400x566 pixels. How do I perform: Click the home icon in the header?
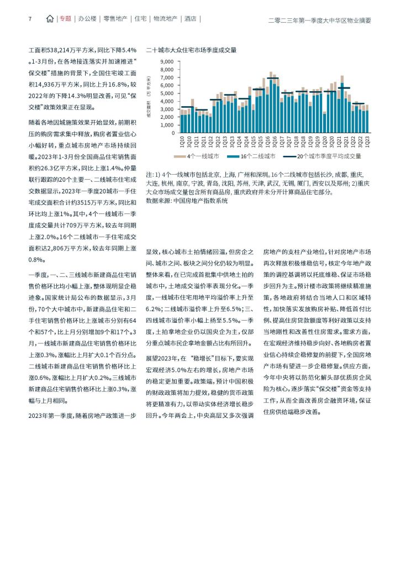point(50,19)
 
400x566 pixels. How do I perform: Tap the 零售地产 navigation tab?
point(115,19)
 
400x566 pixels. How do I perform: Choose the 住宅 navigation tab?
point(140,19)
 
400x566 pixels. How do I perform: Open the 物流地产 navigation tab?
point(165,19)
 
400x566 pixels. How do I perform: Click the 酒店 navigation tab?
point(191,19)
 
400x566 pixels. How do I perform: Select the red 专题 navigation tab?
point(65,19)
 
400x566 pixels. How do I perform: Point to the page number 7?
point(29,19)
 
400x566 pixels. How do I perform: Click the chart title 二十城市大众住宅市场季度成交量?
point(191,50)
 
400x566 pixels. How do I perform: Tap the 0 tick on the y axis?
point(172,125)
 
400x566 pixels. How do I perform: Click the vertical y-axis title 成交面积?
point(149,97)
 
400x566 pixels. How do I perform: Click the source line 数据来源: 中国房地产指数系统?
point(187,201)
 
